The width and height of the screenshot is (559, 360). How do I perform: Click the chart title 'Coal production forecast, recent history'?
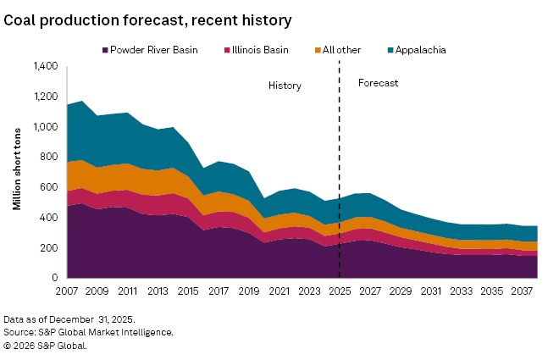[x=147, y=19]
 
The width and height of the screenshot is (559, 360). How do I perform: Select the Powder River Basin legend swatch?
[x=105, y=50]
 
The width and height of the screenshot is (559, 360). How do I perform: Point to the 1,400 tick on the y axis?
[x=45, y=66]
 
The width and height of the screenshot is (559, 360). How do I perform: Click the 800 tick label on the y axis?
[x=49, y=158]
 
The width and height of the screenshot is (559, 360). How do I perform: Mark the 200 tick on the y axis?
[x=49, y=248]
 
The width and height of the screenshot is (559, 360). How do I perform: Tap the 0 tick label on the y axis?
[x=54, y=278]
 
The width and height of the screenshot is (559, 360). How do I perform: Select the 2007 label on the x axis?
[x=67, y=291]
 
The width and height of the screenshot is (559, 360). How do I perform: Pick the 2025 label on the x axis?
[x=339, y=291]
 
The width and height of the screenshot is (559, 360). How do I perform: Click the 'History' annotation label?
[x=285, y=86]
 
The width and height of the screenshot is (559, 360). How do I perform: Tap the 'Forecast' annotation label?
[x=378, y=83]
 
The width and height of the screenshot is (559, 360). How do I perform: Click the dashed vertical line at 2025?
[x=339, y=169]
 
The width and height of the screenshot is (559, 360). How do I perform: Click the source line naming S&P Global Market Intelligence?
[x=89, y=332]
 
